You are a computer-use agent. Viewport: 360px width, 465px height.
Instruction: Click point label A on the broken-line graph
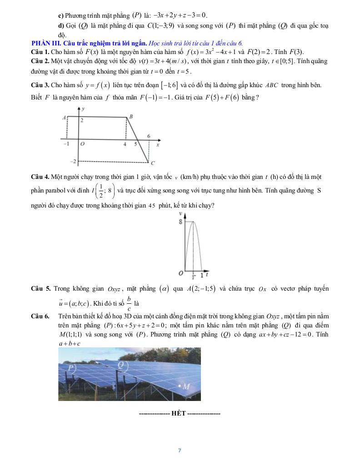click(x=64, y=117)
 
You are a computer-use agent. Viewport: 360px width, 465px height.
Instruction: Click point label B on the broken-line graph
click(x=131, y=117)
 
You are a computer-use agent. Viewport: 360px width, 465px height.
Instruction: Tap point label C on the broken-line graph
click(x=153, y=163)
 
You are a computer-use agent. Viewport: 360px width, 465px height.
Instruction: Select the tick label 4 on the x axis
click(x=125, y=144)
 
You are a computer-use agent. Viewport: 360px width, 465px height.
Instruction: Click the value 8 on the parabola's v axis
click(x=181, y=222)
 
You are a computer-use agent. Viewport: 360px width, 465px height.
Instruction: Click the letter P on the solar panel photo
click(x=70, y=367)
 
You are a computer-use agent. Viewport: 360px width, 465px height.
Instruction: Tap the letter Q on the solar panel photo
click(x=120, y=365)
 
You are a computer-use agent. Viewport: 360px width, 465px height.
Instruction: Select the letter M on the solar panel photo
click(x=186, y=386)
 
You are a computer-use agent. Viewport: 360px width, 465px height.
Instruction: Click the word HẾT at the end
click(x=179, y=414)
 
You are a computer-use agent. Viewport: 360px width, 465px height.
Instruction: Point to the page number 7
click(x=180, y=450)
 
